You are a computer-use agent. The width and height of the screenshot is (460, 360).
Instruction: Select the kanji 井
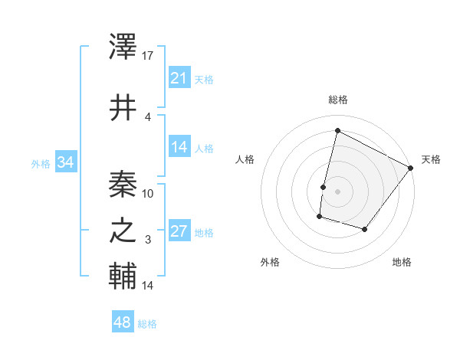pyautogui.click(x=123, y=107)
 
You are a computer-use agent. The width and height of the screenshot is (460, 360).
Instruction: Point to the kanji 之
pyautogui.click(x=123, y=231)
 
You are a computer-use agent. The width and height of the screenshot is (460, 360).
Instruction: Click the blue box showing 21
pyautogui.click(x=179, y=77)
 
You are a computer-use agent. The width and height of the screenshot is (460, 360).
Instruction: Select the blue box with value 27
pyautogui.click(x=179, y=231)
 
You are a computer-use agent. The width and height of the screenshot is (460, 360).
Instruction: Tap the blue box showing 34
pyautogui.click(x=66, y=162)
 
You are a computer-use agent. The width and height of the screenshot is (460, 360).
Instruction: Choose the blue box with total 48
pyautogui.click(x=123, y=322)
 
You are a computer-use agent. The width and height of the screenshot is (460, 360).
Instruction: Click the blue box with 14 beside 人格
pyautogui.click(x=179, y=147)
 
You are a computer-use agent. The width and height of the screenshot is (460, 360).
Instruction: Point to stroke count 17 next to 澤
pyautogui.click(x=149, y=55)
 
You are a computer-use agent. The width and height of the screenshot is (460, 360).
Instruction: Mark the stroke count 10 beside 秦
pyautogui.click(x=149, y=193)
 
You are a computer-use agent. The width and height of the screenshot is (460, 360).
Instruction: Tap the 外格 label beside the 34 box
pyautogui.click(x=40, y=163)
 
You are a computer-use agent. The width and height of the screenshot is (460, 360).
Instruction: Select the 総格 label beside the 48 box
pyautogui.click(x=147, y=324)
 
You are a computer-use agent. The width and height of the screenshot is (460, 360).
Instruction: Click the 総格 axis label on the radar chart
pyautogui.click(x=337, y=100)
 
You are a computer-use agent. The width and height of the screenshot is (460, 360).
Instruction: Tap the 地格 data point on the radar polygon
pyautogui.click(x=365, y=230)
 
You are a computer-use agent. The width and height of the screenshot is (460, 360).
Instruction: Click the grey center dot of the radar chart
pyautogui.click(x=337, y=191)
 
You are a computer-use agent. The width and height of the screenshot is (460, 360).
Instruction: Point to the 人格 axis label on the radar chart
pyautogui.click(x=245, y=159)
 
